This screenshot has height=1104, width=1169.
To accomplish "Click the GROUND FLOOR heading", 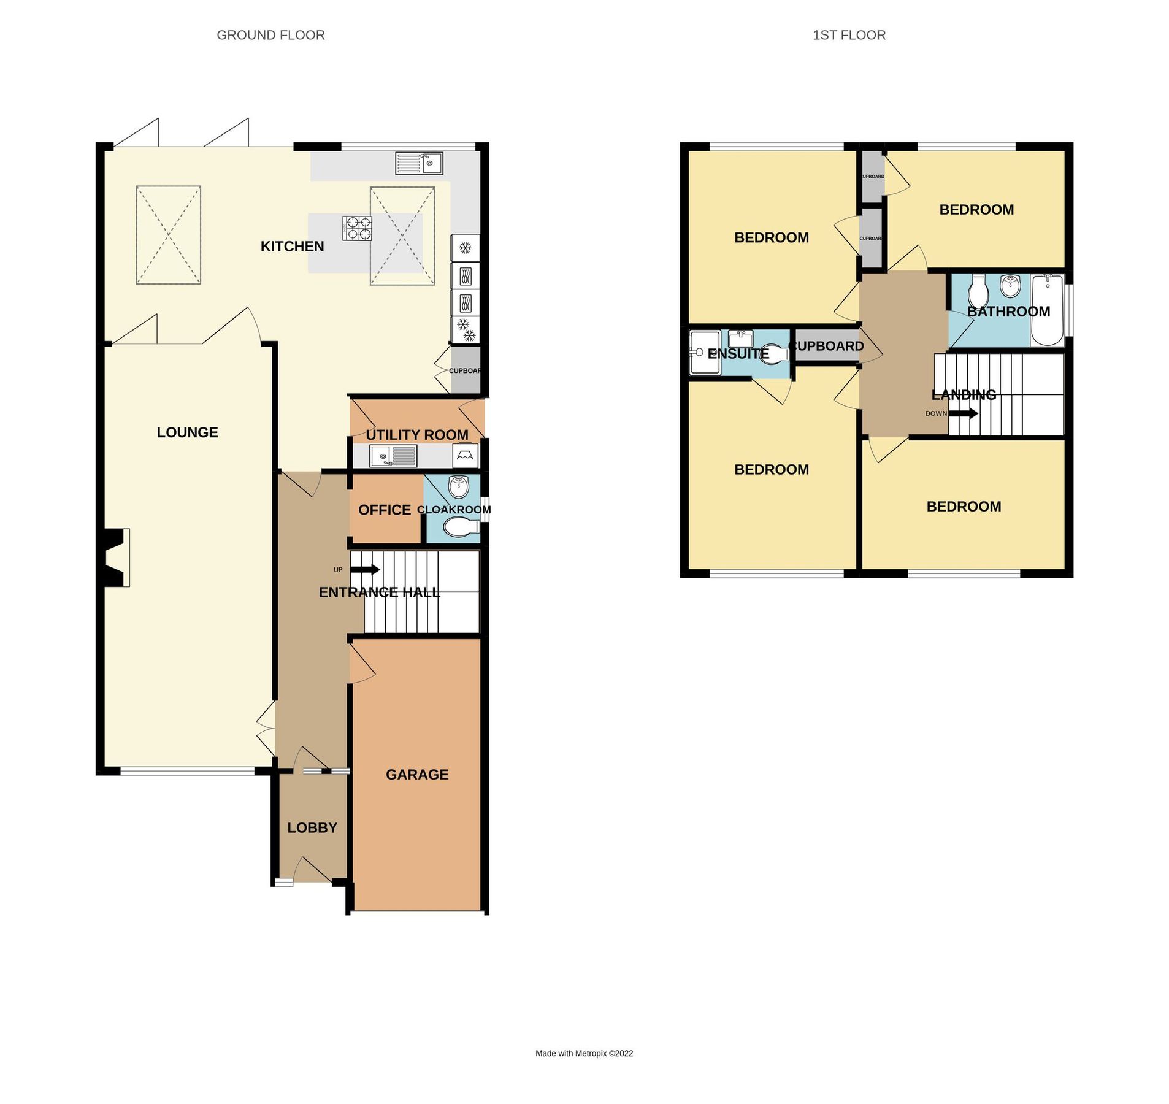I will pos(270,35).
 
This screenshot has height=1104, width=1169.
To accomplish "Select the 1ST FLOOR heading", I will pos(848,35).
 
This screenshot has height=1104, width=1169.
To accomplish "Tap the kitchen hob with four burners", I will pos(357,228).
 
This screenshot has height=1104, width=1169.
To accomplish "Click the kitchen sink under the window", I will pos(418,163).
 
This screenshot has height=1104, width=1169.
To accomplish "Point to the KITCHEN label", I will pos(292,246).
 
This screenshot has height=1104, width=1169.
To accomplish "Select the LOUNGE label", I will pos(187,432).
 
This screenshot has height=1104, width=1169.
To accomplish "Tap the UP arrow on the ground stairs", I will pos(364,569).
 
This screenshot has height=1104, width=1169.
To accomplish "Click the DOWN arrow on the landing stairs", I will pos(962,413).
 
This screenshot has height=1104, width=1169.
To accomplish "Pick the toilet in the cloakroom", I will pos(461,526).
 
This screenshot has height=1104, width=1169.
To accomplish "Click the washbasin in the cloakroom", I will pos(459,487).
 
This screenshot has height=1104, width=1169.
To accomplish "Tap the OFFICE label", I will pos(385,510).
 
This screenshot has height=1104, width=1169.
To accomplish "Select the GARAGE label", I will pos(417,774).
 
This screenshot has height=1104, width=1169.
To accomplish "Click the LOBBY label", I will pos(312,827).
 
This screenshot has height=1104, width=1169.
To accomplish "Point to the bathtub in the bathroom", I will pos(1047,310).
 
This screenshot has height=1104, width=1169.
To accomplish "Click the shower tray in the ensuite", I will pos(704,352).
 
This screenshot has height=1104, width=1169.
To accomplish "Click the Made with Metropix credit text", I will pos(584,1053).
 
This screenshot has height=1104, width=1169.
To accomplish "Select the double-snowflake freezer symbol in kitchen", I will pos(466,329).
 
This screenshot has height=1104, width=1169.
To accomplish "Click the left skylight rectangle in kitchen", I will pos(168,235).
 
